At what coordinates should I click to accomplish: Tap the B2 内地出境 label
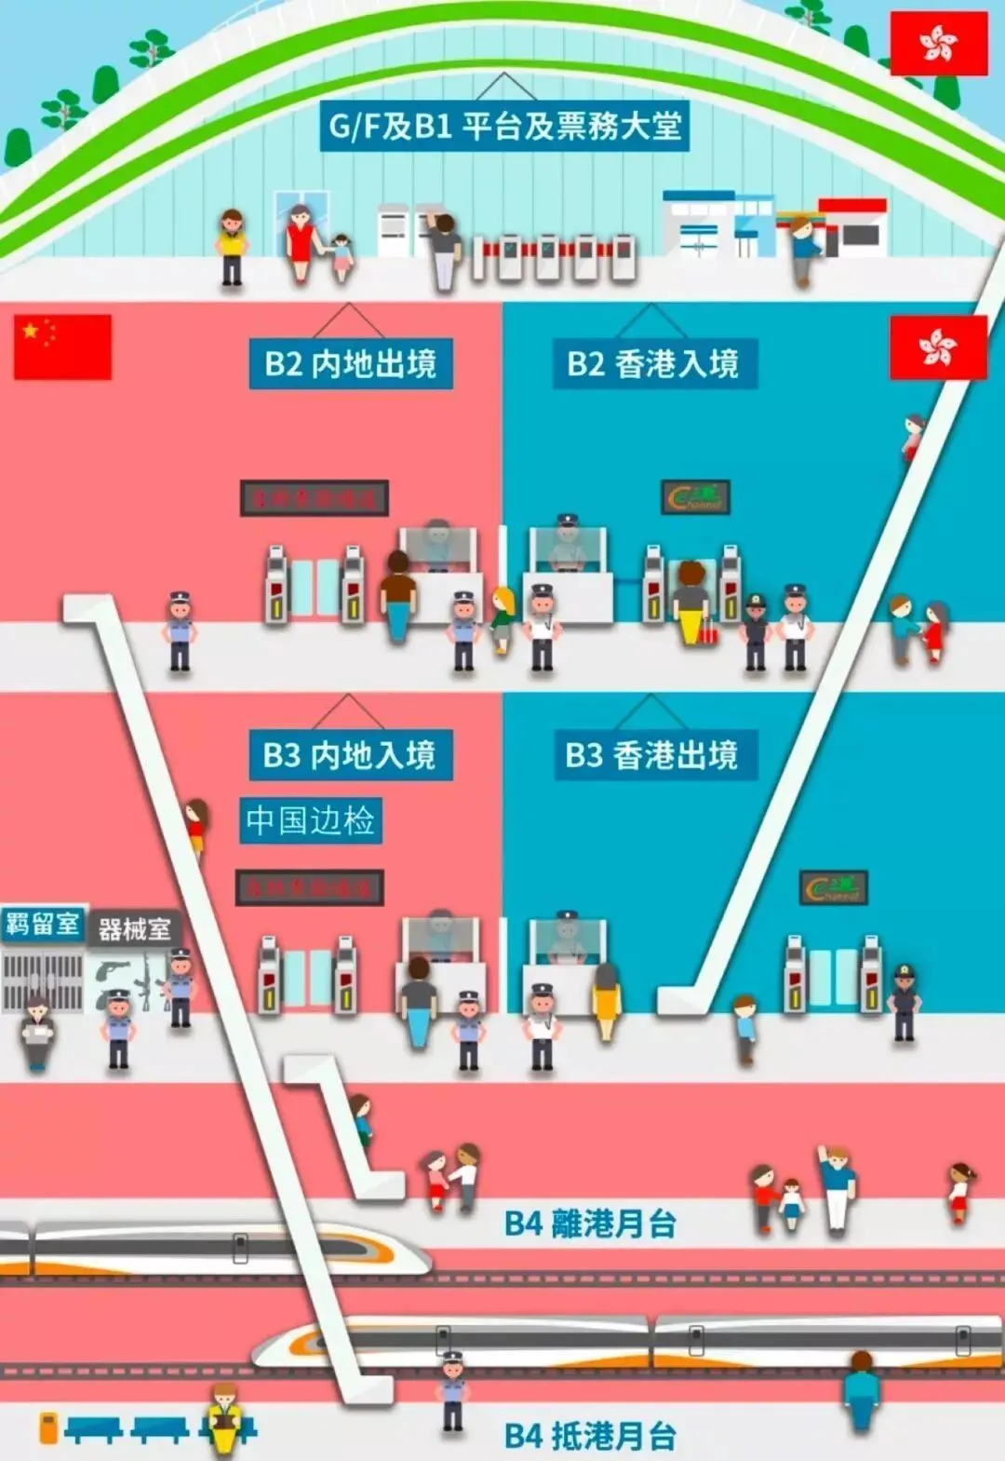350,363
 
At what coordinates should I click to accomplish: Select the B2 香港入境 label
653,363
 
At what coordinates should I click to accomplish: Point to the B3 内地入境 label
350,754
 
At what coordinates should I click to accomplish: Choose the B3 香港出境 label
651,754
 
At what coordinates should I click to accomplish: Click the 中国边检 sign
310,820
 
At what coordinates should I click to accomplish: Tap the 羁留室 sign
43,924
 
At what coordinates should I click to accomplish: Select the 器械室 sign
134,928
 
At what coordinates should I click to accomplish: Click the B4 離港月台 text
590,1224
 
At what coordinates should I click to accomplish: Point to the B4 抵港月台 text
590,1436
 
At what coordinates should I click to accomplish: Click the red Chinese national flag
62,346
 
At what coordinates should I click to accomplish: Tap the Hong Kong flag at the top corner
938,43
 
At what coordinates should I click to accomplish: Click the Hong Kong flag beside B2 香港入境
938,347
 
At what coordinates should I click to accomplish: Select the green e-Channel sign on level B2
695,497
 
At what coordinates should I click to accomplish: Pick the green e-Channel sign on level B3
834,887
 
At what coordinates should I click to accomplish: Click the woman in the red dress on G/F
300,241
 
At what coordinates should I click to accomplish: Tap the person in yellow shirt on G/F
231,245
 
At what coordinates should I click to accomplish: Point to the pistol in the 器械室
113,971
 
